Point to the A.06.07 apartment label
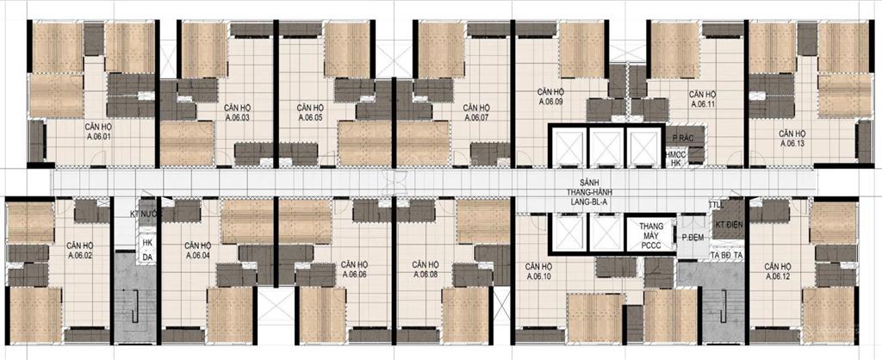click(x=475, y=113)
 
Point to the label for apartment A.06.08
click(x=425, y=270)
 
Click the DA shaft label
click(x=147, y=257)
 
